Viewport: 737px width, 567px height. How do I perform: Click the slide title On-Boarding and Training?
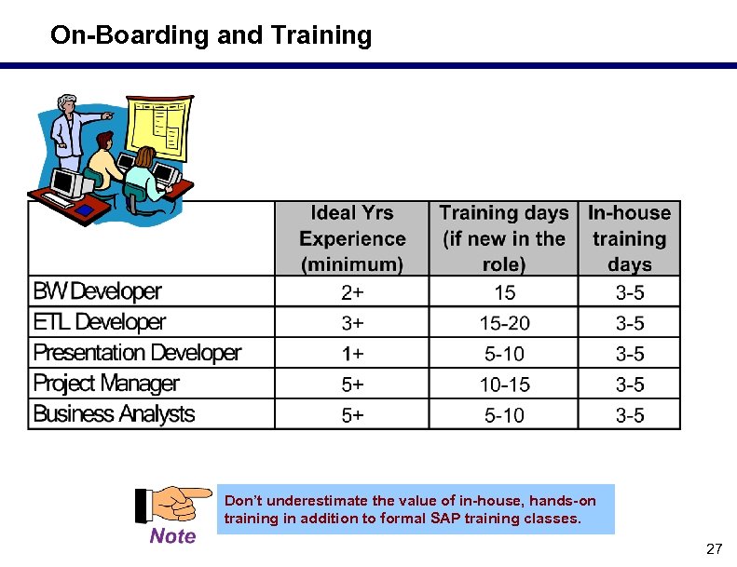point(211,36)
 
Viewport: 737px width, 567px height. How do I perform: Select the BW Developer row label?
point(97,292)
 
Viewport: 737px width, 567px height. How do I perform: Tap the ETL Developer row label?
point(100,323)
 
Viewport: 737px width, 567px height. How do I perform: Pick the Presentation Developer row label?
point(137,354)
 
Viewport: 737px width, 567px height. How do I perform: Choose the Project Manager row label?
point(106,384)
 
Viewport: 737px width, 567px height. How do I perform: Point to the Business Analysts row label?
point(114,414)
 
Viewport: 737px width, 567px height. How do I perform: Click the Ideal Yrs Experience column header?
point(352,239)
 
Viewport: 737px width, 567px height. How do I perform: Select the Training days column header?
point(503,239)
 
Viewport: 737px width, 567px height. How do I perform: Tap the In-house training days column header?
point(629,239)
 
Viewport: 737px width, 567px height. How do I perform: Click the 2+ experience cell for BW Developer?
point(352,293)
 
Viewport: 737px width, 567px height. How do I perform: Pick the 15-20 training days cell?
point(503,324)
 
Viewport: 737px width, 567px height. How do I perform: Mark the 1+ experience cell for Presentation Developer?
point(352,354)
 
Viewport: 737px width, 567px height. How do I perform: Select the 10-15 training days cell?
point(503,385)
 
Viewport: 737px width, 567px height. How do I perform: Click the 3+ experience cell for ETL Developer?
point(352,324)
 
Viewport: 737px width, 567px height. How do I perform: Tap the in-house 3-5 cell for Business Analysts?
point(629,415)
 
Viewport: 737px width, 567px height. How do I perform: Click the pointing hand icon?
point(172,505)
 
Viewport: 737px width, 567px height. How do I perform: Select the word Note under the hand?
point(172,536)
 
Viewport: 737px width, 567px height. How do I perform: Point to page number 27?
point(714,549)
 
